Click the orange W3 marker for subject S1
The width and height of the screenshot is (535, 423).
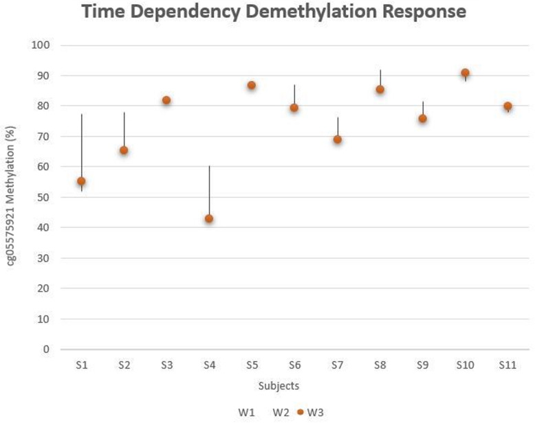point(81,181)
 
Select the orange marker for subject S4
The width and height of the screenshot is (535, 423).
point(209,219)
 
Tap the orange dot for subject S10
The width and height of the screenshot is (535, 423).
point(466,73)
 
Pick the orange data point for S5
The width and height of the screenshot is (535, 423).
point(252,86)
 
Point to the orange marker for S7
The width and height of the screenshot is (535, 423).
point(338,139)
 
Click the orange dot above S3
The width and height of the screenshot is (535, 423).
point(166,100)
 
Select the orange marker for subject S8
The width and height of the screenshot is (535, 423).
point(380,89)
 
